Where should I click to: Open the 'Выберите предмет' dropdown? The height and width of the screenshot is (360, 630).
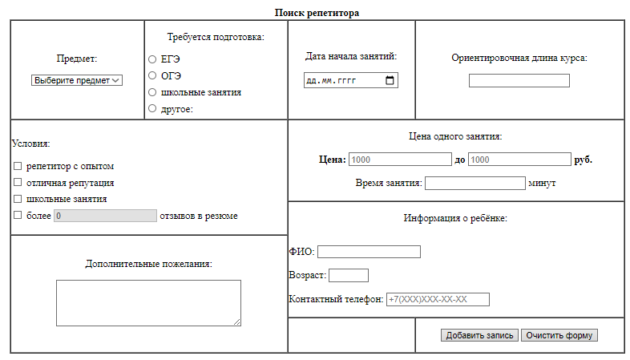pyautogui.click(x=77, y=80)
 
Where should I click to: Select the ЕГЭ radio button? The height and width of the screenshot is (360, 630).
pyautogui.click(x=152, y=59)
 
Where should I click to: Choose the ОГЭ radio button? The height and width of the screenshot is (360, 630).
pyautogui.click(x=152, y=75)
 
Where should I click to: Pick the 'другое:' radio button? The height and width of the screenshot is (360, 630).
pyautogui.click(x=152, y=108)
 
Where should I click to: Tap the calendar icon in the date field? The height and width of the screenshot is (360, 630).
pyautogui.click(x=390, y=81)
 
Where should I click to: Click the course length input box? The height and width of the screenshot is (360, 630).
pyautogui.click(x=519, y=80)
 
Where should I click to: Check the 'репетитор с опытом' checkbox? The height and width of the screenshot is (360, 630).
pyautogui.click(x=18, y=166)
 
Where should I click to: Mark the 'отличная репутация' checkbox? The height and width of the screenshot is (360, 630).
pyautogui.click(x=18, y=183)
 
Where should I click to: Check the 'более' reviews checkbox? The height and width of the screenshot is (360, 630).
pyautogui.click(x=18, y=215)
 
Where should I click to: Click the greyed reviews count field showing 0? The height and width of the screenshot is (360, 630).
pyautogui.click(x=105, y=216)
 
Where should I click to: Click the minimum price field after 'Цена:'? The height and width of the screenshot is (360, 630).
pyautogui.click(x=400, y=160)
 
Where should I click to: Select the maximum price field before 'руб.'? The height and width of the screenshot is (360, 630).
pyautogui.click(x=519, y=160)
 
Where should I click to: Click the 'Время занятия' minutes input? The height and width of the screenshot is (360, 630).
pyautogui.click(x=475, y=183)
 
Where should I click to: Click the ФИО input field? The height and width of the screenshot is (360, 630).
pyautogui.click(x=369, y=252)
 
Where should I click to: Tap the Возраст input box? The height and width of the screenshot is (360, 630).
pyautogui.click(x=349, y=276)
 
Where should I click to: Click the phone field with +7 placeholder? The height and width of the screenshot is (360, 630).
pyautogui.click(x=438, y=300)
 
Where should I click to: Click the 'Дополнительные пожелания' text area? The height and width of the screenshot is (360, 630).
pyautogui.click(x=148, y=302)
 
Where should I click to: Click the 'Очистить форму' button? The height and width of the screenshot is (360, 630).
pyautogui.click(x=559, y=335)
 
